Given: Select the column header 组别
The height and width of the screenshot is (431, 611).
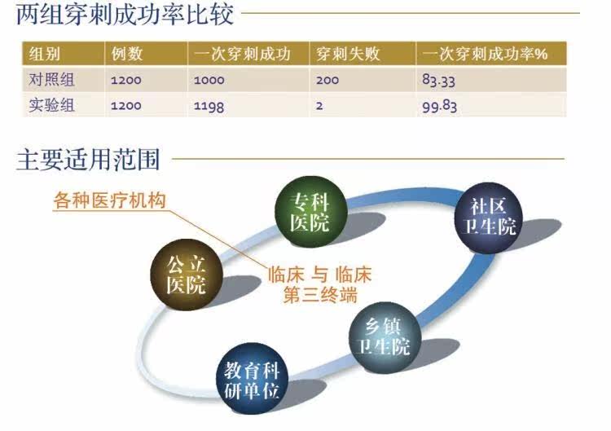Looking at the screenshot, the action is pyautogui.click(x=45, y=55).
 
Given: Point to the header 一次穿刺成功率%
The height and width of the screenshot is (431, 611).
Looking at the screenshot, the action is pyautogui.click(x=485, y=55).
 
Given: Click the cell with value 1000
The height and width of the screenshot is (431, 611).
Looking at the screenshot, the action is pyautogui.click(x=210, y=81).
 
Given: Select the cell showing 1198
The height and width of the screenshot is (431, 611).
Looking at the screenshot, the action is pyautogui.click(x=209, y=106).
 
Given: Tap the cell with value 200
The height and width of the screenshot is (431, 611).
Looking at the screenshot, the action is pyautogui.click(x=327, y=81).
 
